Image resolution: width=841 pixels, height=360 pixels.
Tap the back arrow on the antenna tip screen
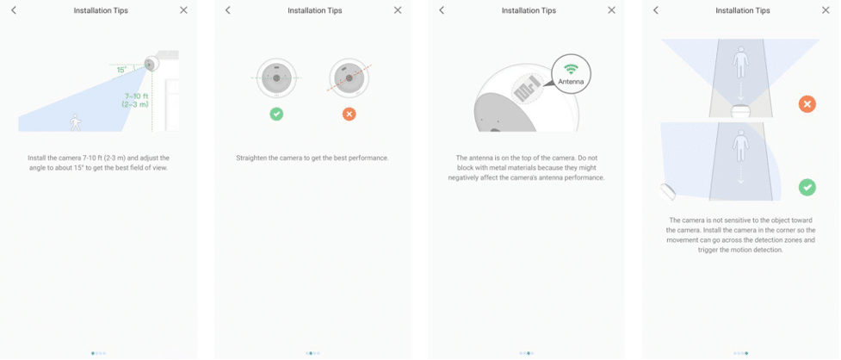[442, 10]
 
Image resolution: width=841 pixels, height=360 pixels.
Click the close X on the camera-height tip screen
[183, 10]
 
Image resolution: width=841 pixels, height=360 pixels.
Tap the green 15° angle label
[121, 70]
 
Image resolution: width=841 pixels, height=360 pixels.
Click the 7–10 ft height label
[135, 100]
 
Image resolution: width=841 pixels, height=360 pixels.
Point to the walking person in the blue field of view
[76, 122]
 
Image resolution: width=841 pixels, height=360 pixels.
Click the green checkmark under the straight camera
[276, 114]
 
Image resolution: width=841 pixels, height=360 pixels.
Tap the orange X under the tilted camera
[349, 114]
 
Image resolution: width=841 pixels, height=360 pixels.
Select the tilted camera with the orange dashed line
[349, 78]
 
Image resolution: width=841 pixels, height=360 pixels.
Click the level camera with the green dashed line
[276, 78]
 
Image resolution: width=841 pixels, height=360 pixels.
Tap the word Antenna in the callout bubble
[571, 82]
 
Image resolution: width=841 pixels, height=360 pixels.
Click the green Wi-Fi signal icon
[571, 69]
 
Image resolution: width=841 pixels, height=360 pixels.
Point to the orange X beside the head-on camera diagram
[807, 104]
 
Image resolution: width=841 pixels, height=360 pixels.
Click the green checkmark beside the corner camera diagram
[807, 187]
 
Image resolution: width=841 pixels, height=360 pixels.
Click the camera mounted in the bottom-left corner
[667, 191]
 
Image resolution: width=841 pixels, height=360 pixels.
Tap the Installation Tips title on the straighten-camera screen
[315, 10]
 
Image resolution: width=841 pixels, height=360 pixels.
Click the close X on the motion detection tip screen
[826, 10]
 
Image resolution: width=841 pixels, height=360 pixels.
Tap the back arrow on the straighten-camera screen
[227, 10]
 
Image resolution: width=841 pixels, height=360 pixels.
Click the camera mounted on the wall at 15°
[151, 64]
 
